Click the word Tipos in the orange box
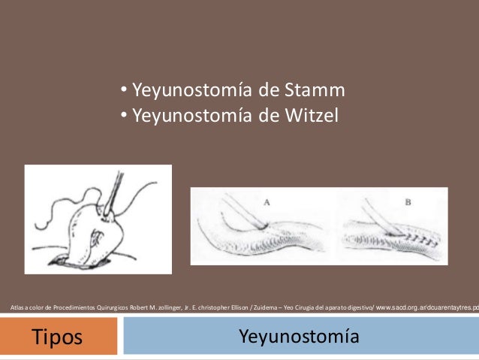pos(57,337)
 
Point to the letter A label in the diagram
pos(268,202)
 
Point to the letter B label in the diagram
pos(408,202)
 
